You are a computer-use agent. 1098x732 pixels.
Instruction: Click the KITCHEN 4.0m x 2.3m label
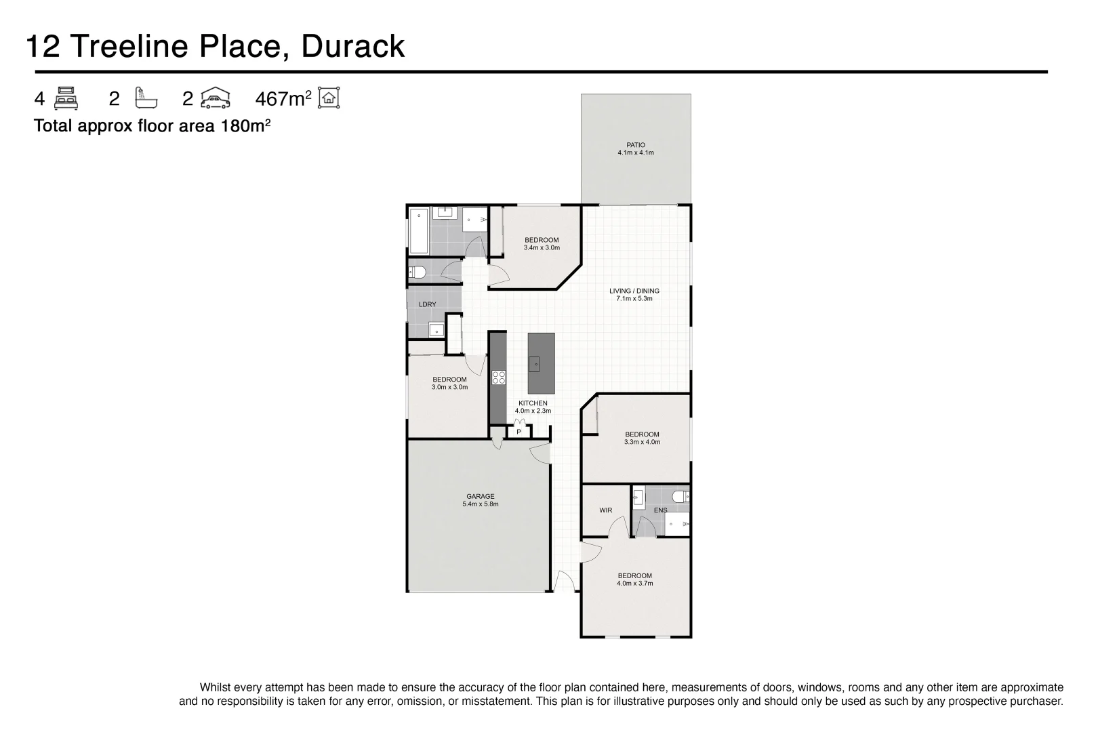coord(533,407)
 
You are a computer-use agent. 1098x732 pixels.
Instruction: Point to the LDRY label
coord(427,304)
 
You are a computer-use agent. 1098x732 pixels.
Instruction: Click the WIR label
coord(605,510)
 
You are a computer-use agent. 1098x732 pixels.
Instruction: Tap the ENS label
coord(660,510)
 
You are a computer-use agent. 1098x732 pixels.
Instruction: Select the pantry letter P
coord(518,432)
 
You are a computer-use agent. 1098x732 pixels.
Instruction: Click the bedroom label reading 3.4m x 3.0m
coord(542,243)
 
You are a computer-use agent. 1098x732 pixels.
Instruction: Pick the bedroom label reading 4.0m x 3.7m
coord(634,579)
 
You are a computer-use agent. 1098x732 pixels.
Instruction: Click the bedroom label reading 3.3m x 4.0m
coord(642,438)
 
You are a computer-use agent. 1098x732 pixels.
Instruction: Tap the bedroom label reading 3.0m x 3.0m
coord(449,383)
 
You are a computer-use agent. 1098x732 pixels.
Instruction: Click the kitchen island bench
coord(541,363)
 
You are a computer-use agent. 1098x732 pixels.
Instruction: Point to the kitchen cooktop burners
coord(498,378)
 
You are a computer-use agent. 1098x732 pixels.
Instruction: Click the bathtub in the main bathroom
coord(417,230)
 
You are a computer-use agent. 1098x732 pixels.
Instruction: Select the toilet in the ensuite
coord(680,497)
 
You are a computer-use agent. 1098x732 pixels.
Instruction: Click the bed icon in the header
coord(66,98)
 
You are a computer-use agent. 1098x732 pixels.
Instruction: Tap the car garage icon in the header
coord(216,98)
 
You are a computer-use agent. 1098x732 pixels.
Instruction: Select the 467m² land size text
coord(283,99)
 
